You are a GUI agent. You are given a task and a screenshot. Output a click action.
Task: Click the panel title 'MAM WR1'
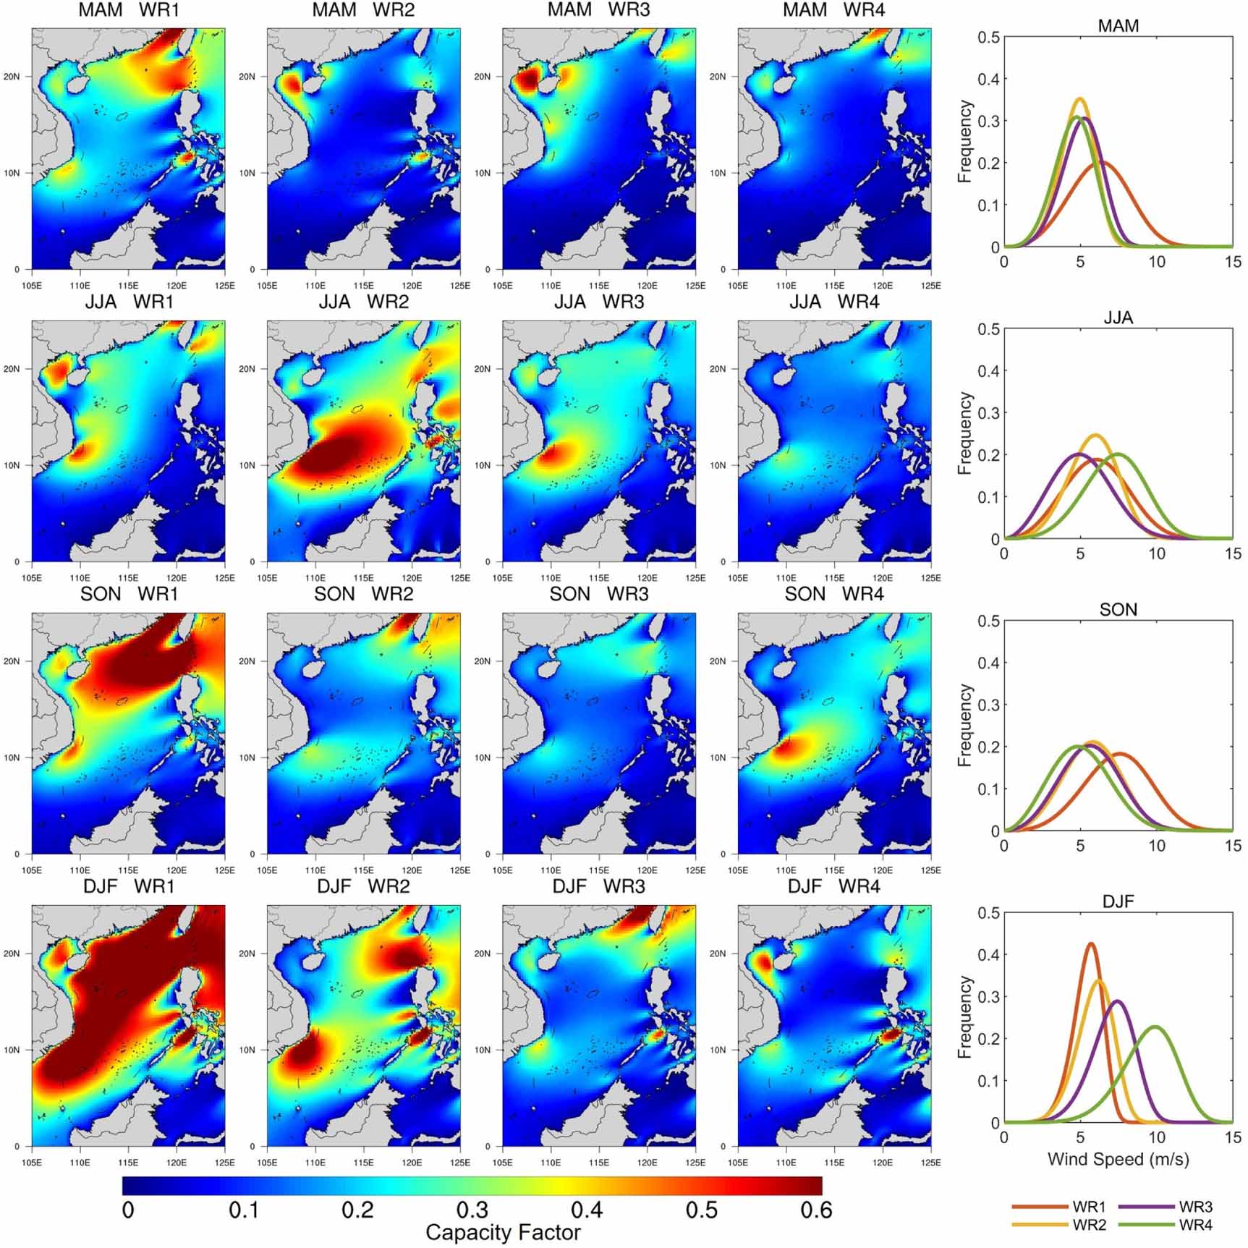[x=128, y=10]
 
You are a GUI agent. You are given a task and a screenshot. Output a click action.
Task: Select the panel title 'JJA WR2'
[x=363, y=302]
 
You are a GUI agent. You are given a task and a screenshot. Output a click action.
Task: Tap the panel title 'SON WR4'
[x=834, y=594]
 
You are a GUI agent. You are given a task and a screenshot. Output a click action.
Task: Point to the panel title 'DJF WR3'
[x=598, y=886]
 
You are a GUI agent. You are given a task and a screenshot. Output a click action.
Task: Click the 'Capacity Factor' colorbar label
[x=503, y=1232]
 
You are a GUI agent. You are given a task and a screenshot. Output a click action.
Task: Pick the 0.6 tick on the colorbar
[x=816, y=1210]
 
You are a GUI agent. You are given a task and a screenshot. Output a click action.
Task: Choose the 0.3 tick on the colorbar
[x=472, y=1210]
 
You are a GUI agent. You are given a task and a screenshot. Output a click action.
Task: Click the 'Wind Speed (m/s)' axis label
[x=1118, y=1159]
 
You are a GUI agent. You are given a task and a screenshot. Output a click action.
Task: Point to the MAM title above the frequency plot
[x=1118, y=26]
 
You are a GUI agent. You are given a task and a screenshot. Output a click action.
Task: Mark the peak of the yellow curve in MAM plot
[x=1079, y=99]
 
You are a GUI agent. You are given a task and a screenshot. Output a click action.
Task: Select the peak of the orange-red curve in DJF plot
[x=1090, y=943]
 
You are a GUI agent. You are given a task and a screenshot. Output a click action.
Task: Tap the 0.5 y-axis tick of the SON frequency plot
[x=989, y=621]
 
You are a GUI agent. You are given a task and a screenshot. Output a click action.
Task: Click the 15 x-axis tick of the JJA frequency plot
[x=1233, y=553]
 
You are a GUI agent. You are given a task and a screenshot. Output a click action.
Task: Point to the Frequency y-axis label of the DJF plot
[x=964, y=1017]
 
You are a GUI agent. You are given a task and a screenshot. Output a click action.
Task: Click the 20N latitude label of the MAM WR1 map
[x=12, y=77]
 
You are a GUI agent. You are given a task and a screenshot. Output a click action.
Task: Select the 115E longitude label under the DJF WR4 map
[x=834, y=1163]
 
